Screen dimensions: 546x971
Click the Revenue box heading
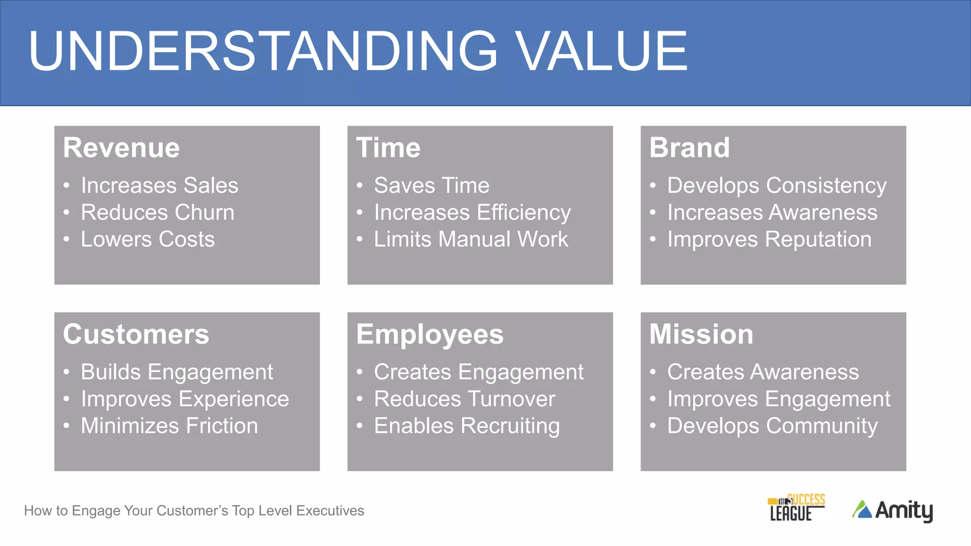tap(121, 147)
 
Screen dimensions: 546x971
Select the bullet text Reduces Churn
tap(157, 212)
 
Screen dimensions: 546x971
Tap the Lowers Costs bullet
tap(147, 239)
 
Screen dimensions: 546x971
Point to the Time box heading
tap(388, 147)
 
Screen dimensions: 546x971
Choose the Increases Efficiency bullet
tap(472, 212)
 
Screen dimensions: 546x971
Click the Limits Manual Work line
tap(471, 239)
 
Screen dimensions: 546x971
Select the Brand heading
tap(689, 147)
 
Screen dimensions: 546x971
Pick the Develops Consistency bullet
tap(777, 185)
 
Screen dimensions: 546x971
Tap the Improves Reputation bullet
tap(769, 239)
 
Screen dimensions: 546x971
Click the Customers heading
tap(136, 334)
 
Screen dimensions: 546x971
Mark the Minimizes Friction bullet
tap(169, 426)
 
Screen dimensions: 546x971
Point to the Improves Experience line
tap(185, 399)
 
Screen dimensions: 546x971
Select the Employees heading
tap(430, 334)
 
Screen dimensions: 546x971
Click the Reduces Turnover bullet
tap(464, 399)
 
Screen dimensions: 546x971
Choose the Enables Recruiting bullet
tap(467, 426)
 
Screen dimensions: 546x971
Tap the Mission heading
tap(701, 334)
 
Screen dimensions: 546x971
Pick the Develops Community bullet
tap(772, 426)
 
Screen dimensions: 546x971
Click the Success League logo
tap(796, 508)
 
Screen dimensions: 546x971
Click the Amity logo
tap(892, 510)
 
